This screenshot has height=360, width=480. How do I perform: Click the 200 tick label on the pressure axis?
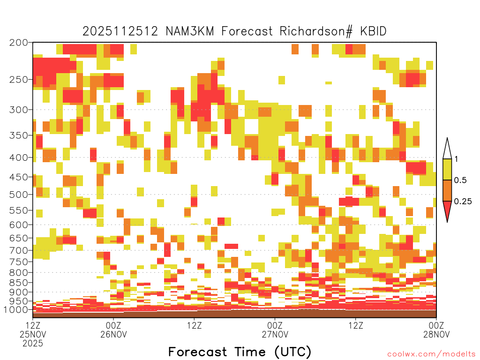pyautogui.click(x=19, y=43)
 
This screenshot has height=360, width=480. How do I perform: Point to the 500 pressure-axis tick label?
pyautogui.click(x=19, y=195)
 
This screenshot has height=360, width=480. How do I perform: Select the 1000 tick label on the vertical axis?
pyautogui.click(x=17, y=310)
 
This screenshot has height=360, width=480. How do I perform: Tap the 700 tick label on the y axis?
pyautogui.click(x=19, y=250)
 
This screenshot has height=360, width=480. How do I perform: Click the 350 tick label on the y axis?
pyautogui.click(x=19, y=135)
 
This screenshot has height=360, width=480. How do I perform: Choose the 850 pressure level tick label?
pyautogui.click(x=19, y=283)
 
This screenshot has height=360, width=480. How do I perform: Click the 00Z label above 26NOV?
pyautogui.click(x=113, y=325)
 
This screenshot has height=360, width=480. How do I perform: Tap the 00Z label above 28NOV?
pyautogui.click(x=436, y=325)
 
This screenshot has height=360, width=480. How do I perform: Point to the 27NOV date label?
pyautogui.click(x=275, y=334)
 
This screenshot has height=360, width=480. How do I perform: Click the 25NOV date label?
pyautogui.click(x=33, y=334)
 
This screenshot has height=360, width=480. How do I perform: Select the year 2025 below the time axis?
pyautogui.click(x=33, y=344)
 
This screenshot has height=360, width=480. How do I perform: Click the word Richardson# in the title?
pyautogui.click(x=316, y=31)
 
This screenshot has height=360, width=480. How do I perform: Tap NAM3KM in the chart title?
pyautogui.click(x=190, y=31)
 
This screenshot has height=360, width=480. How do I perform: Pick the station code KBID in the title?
pyautogui.click(x=373, y=31)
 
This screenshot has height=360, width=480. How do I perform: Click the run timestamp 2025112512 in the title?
pyautogui.click(x=120, y=31)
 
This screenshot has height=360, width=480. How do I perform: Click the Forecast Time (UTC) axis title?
pyautogui.click(x=240, y=352)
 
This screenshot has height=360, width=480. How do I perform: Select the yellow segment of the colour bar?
pyautogui.click(x=447, y=169)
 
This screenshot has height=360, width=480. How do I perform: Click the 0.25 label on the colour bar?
pyautogui.click(x=463, y=202)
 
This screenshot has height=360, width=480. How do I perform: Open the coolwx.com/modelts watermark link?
pyautogui.click(x=431, y=354)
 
